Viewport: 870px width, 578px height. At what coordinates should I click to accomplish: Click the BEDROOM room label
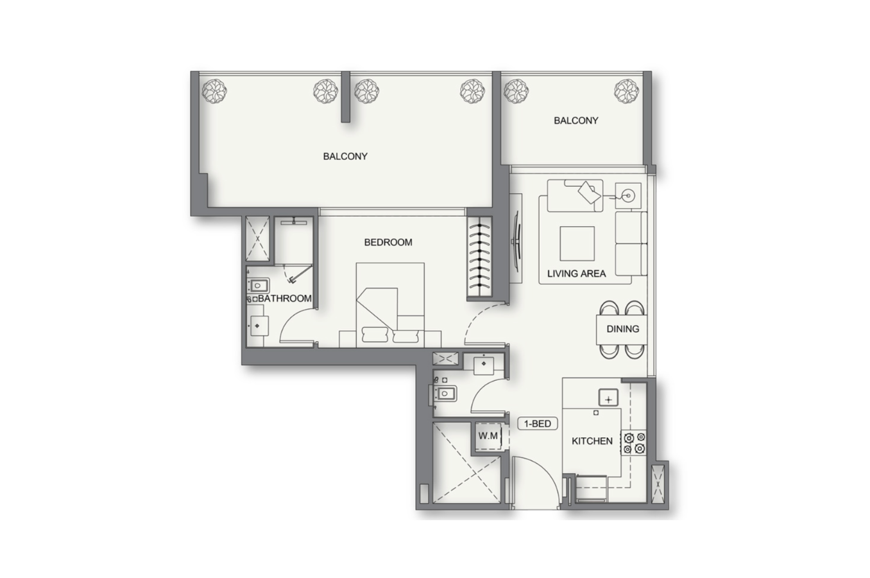click(x=388, y=242)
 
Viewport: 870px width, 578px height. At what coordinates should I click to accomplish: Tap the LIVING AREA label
click(x=576, y=274)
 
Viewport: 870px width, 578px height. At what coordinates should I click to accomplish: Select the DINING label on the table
click(x=622, y=329)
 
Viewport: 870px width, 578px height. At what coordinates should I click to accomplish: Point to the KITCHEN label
click(x=592, y=441)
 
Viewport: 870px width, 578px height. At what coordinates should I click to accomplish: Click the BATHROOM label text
click(x=285, y=299)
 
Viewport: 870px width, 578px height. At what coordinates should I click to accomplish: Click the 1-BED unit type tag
click(x=538, y=424)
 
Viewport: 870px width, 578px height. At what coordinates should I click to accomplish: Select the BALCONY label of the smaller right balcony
click(x=576, y=121)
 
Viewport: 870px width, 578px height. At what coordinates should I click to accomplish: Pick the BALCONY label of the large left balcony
click(x=345, y=156)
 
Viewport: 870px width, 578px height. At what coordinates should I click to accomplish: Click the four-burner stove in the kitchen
click(x=635, y=443)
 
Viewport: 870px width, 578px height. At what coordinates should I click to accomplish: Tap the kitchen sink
click(x=608, y=398)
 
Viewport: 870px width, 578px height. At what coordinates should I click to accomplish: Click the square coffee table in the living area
click(x=577, y=243)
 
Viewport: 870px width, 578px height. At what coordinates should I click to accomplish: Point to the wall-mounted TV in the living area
click(x=516, y=239)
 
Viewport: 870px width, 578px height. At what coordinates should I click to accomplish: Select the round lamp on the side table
click(x=628, y=196)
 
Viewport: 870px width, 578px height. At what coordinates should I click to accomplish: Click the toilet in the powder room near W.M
click(x=444, y=394)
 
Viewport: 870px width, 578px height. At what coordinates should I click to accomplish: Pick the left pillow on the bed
click(x=375, y=335)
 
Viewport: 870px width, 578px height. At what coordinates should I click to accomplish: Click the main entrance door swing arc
click(x=542, y=471)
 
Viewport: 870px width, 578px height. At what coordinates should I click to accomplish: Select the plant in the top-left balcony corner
click(x=214, y=91)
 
